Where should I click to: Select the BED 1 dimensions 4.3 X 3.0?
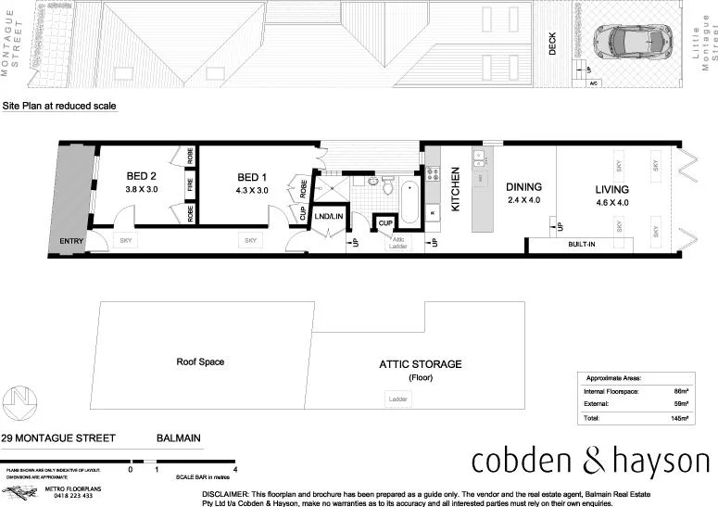[252, 190]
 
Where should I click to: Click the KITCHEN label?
[456, 190]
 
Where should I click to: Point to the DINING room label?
[523, 187]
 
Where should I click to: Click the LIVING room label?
[612, 190]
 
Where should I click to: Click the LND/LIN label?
[327, 217]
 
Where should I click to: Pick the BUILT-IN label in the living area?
[582, 246]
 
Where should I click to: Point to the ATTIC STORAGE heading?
[420, 364]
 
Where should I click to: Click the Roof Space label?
[200, 362]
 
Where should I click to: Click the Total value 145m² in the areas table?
[680, 420]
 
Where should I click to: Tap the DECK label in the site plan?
[553, 44]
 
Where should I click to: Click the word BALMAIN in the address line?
[178, 438]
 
